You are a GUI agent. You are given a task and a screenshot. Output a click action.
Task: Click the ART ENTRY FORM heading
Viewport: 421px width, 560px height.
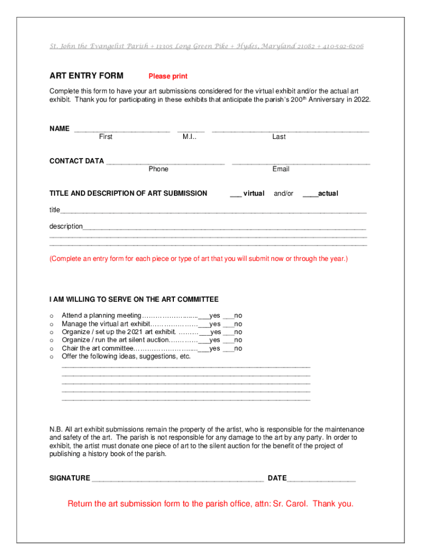click(86, 75)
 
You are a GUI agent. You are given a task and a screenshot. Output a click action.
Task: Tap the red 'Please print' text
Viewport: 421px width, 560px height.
click(168, 77)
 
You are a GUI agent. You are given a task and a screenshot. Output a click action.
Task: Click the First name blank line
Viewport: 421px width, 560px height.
click(121, 131)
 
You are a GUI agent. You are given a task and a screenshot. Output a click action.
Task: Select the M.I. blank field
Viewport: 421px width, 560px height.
click(191, 131)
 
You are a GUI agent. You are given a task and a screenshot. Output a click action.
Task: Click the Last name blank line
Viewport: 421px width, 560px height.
click(290, 131)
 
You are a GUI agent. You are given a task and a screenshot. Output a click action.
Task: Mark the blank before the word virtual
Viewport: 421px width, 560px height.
click(236, 195)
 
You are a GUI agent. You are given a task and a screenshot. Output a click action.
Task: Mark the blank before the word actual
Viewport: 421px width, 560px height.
click(310, 195)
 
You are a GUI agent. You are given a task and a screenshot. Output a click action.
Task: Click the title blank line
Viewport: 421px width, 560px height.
click(213, 211)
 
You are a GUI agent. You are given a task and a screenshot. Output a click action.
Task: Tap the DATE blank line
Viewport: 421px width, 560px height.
click(321, 480)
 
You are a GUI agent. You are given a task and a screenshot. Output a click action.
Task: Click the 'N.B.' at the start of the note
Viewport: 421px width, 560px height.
click(56, 429)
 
